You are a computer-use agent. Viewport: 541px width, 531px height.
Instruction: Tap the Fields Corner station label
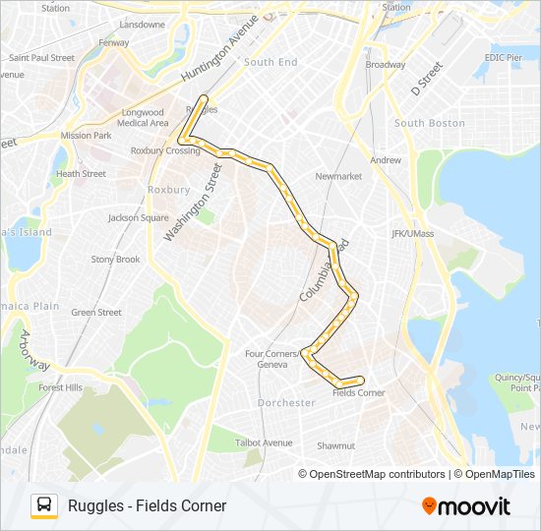tap(358, 393)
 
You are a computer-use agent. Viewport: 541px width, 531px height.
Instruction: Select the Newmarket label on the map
tap(338, 176)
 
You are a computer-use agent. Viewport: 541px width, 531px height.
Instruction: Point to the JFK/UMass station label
tap(411, 233)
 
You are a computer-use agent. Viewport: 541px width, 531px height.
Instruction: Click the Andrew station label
tap(386, 159)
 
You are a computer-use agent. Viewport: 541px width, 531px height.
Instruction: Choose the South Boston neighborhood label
tap(429, 123)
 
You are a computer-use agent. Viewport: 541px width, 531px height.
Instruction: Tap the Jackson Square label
tap(138, 217)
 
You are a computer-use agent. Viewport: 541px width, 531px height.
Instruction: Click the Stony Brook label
tap(115, 260)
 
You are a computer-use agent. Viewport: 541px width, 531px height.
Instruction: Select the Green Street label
tap(96, 313)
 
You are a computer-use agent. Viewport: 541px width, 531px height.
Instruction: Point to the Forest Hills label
tap(60, 387)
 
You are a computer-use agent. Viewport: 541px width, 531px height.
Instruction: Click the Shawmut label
tap(335, 445)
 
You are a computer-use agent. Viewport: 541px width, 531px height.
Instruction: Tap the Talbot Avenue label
tap(264, 442)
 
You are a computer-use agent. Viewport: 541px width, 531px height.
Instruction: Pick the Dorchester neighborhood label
tap(286, 403)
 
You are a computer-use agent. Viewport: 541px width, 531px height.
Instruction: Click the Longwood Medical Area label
tap(143, 118)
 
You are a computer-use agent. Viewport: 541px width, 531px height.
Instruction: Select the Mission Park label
tap(86, 136)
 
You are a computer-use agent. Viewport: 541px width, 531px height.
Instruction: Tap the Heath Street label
tap(81, 174)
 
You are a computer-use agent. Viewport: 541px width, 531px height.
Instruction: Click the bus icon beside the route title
tap(43, 505)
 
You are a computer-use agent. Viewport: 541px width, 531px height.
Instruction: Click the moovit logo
tap(466, 506)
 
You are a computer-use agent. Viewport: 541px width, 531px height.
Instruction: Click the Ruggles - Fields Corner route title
tap(147, 505)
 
